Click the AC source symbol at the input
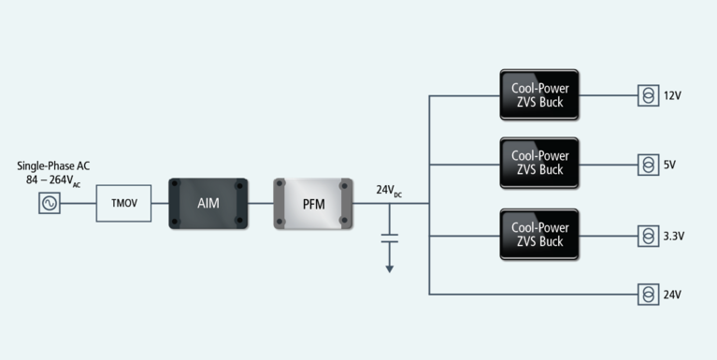(x=49, y=203)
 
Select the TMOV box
(x=123, y=203)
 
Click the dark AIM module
(x=208, y=203)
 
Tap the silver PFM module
(x=313, y=203)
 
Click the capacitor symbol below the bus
(x=390, y=240)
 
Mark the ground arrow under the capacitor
(x=390, y=267)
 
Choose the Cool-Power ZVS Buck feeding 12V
(x=538, y=94)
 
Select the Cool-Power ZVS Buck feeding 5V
(x=538, y=164)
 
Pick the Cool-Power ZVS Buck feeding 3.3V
(x=538, y=234)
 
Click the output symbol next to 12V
(x=647, y=95)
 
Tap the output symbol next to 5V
(x=647, y=165)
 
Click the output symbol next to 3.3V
(x=647, y=235)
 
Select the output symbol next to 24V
(x=647, y=295)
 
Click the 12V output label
(x=672, y=96)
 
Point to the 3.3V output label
(x=674, y=236)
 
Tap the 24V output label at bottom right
(x=672, y=295)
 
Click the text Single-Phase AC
(x=53, y=166)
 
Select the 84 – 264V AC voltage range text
(x=53, y=180)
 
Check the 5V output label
(x=669, y=166)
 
